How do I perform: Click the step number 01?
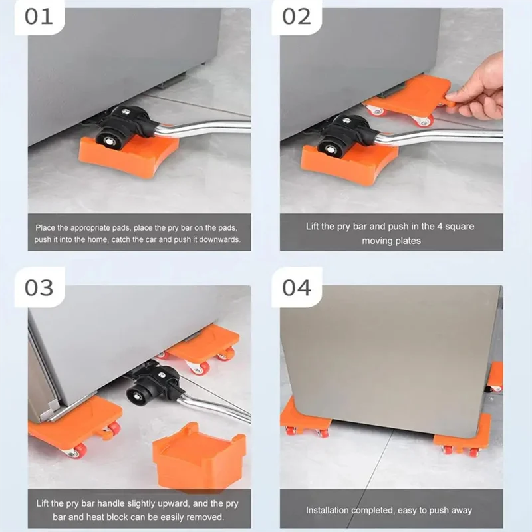click(39, 17)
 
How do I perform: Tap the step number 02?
click(297, 17)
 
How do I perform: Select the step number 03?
click(39, 288)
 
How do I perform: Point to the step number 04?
click(297, 288)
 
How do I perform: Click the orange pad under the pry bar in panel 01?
click(129, 154)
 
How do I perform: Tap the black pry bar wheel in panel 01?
click(109, 138)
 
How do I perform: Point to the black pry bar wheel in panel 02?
click(331, 148)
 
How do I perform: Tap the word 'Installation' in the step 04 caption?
click(327, 510)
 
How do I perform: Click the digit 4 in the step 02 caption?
click(439, 226)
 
